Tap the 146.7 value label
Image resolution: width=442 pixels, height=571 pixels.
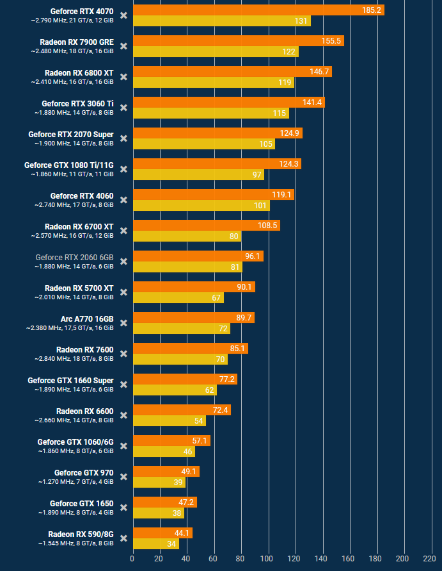319,72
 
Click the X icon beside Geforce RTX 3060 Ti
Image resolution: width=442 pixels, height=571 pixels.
123,108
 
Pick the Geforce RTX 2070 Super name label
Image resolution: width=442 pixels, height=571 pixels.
71,135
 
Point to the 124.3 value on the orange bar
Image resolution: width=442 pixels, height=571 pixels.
289,164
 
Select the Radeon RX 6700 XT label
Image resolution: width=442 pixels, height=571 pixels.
79,227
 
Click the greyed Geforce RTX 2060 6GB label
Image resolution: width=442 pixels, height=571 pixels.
74,258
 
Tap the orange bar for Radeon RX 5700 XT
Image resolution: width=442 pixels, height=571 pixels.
194,287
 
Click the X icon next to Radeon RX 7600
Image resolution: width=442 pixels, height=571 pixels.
123,354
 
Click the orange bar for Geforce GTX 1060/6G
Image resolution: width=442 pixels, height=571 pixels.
171,441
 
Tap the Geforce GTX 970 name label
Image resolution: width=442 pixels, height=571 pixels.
84,473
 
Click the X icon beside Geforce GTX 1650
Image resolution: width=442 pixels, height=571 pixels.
123,508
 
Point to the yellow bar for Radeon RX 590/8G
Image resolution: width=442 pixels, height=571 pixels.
156,544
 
